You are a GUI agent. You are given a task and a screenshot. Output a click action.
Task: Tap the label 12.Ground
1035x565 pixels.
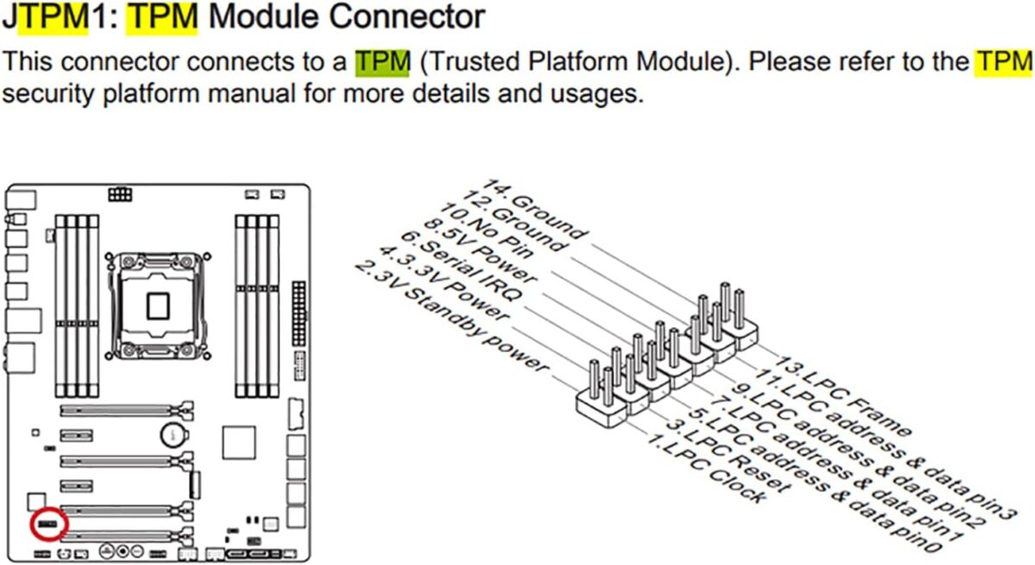coord(514,222)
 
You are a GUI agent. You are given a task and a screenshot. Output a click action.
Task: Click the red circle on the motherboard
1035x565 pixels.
coord(48,524)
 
